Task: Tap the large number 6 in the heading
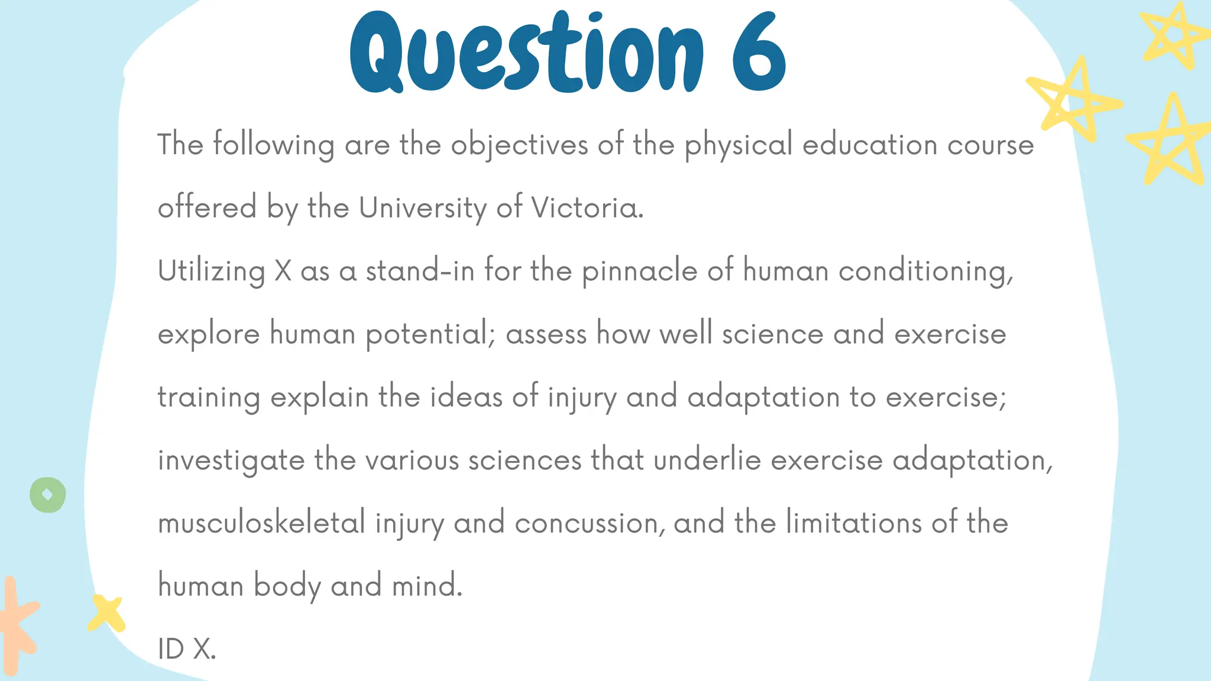[x=759, y=53]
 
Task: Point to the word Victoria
[x=587, y=208]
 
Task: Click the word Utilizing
[x=211, y=272]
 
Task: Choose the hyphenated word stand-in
[x=420, y=271]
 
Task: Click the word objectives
[x=519, y=145]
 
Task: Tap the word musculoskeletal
[x=261, y=523]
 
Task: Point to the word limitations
[x=853, y=523]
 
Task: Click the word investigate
[x=231, y=461]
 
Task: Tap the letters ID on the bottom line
[x=171, y=649]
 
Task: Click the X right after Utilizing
[x=283, y=271]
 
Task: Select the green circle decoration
[x=48, y=495]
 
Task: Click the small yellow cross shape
[x=106, y=613]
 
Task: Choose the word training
[x=209, y=398]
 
